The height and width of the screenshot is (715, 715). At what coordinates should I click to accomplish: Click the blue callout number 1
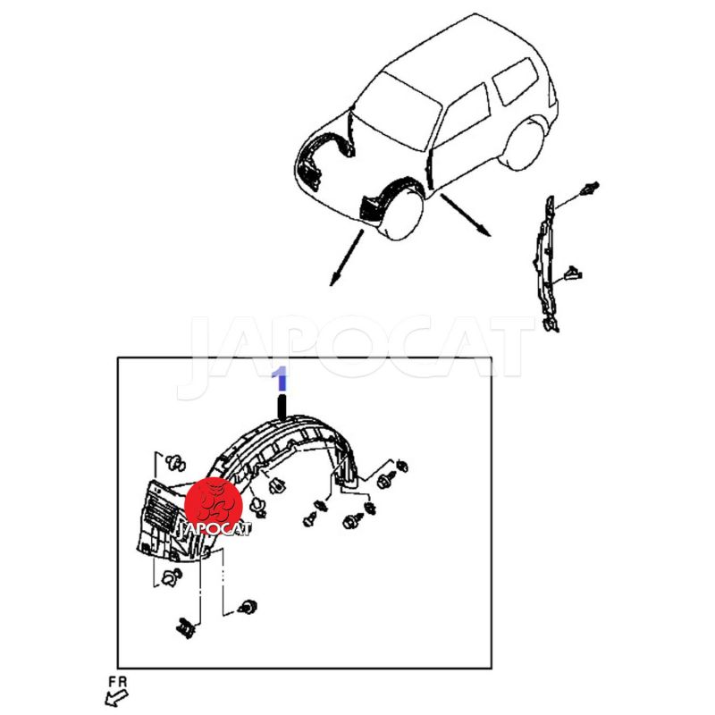(280, 379)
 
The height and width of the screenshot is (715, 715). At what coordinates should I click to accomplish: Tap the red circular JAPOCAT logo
(214, 505)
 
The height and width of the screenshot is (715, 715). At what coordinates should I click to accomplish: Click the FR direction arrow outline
(116, 698)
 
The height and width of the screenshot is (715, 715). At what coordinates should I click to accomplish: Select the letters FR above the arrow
(118, 682)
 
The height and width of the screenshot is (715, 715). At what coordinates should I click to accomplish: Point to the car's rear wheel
(524, 145)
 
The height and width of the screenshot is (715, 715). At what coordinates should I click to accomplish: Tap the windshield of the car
(396, 112)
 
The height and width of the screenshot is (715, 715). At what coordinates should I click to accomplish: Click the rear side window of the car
(517, 81)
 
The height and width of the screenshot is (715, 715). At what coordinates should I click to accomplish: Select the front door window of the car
(463, 115)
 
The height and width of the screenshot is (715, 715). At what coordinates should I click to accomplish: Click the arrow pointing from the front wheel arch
(347, 257)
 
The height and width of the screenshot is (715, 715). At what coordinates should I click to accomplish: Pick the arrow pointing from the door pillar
(466, 215)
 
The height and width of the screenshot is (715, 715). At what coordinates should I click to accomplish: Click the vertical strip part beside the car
(546, 265)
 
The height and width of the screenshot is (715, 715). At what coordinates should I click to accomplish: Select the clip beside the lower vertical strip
(573, 274)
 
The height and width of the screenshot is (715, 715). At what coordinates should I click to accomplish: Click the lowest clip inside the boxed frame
(186, 628)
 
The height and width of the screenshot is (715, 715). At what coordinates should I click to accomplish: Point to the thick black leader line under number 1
(282, 408)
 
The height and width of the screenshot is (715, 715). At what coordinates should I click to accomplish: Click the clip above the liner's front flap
(175, 463)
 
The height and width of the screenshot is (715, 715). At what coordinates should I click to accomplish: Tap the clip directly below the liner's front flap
(172, 577)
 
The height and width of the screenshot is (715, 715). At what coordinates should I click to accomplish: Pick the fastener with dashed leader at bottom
(248, 607)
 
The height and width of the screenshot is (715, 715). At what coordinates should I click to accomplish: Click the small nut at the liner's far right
(402, 466)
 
